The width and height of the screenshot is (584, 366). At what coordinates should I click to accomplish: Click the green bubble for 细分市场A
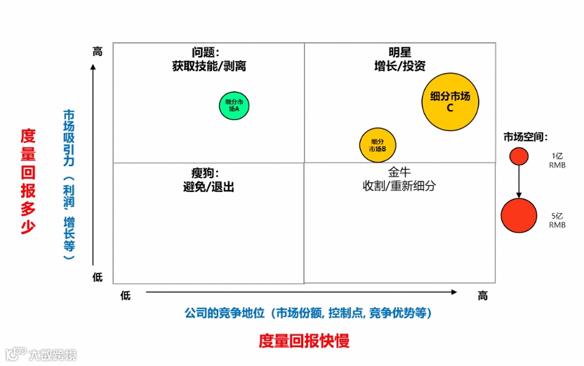point(234,106)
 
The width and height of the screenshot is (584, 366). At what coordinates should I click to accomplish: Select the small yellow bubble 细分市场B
point(378,145)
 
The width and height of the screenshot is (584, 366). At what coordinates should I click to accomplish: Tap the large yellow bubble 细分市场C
point(450,102)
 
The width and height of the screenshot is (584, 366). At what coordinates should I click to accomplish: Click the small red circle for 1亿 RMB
point(519,156)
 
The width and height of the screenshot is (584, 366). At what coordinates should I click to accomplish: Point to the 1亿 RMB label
point(557,161)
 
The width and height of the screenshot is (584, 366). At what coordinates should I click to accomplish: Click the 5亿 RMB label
point(557,220)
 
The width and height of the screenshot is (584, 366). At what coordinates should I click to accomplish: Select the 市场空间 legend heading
point(525,137)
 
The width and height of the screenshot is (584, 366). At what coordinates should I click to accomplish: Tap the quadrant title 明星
point(400,53)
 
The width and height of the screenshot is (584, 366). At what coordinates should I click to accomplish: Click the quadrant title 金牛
point(399,172)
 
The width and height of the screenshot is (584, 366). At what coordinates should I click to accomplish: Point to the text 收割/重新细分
point(399,187)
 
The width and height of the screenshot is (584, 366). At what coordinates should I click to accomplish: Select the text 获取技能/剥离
point(209,67)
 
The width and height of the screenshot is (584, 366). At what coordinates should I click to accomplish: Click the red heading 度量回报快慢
point(303,341)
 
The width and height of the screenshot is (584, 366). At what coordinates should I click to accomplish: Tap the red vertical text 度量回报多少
point(27,180)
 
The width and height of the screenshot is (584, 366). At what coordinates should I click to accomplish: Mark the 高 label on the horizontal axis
point(483,296)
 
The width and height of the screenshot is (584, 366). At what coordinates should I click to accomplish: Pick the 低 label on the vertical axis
point(98,278)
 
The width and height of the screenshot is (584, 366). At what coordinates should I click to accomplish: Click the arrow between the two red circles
point(519,182)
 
